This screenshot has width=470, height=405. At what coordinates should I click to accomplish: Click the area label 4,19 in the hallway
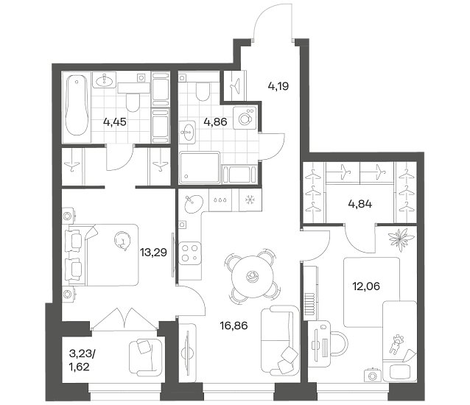click(x=278, y=86)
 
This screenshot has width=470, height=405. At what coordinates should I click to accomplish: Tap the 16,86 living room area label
click(x=234, y=325)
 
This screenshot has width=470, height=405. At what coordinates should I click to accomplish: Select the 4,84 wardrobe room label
click(x=360, y=204)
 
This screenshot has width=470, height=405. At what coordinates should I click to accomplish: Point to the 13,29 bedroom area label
click(x=153, y=253)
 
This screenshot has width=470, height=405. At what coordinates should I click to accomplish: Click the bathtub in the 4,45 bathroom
click(x=77, y=105)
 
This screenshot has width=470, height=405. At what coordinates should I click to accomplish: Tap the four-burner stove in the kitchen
click(x=190, y=253)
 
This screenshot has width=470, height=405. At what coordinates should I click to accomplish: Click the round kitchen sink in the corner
click(x=193, y=204)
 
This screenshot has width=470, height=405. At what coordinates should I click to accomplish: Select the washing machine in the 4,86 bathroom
click(x=245, y=118)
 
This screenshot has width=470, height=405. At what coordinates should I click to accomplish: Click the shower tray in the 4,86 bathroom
click(x=200, y=167)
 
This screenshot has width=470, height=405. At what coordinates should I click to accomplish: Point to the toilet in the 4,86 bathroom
click(x=203, y=91)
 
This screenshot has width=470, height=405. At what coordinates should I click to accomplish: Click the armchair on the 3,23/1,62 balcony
click(x=145, y=357)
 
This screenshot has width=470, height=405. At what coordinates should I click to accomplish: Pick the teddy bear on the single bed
click(x=396, y=344)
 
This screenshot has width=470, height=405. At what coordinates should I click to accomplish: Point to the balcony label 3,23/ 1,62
click(x=82, y=360)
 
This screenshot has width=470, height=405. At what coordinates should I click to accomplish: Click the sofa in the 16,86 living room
click(x=280, y=341)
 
